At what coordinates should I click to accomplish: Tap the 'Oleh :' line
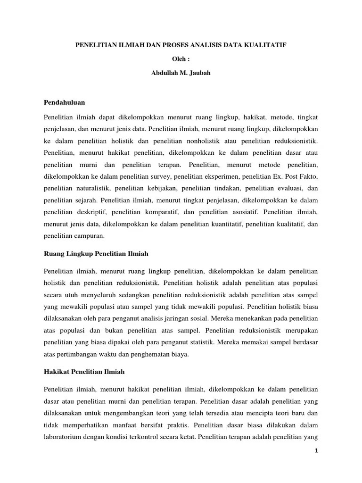pos(181,59)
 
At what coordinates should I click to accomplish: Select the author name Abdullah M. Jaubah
pos(181,73)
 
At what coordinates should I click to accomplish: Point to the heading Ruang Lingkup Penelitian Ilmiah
pos(96,254)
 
